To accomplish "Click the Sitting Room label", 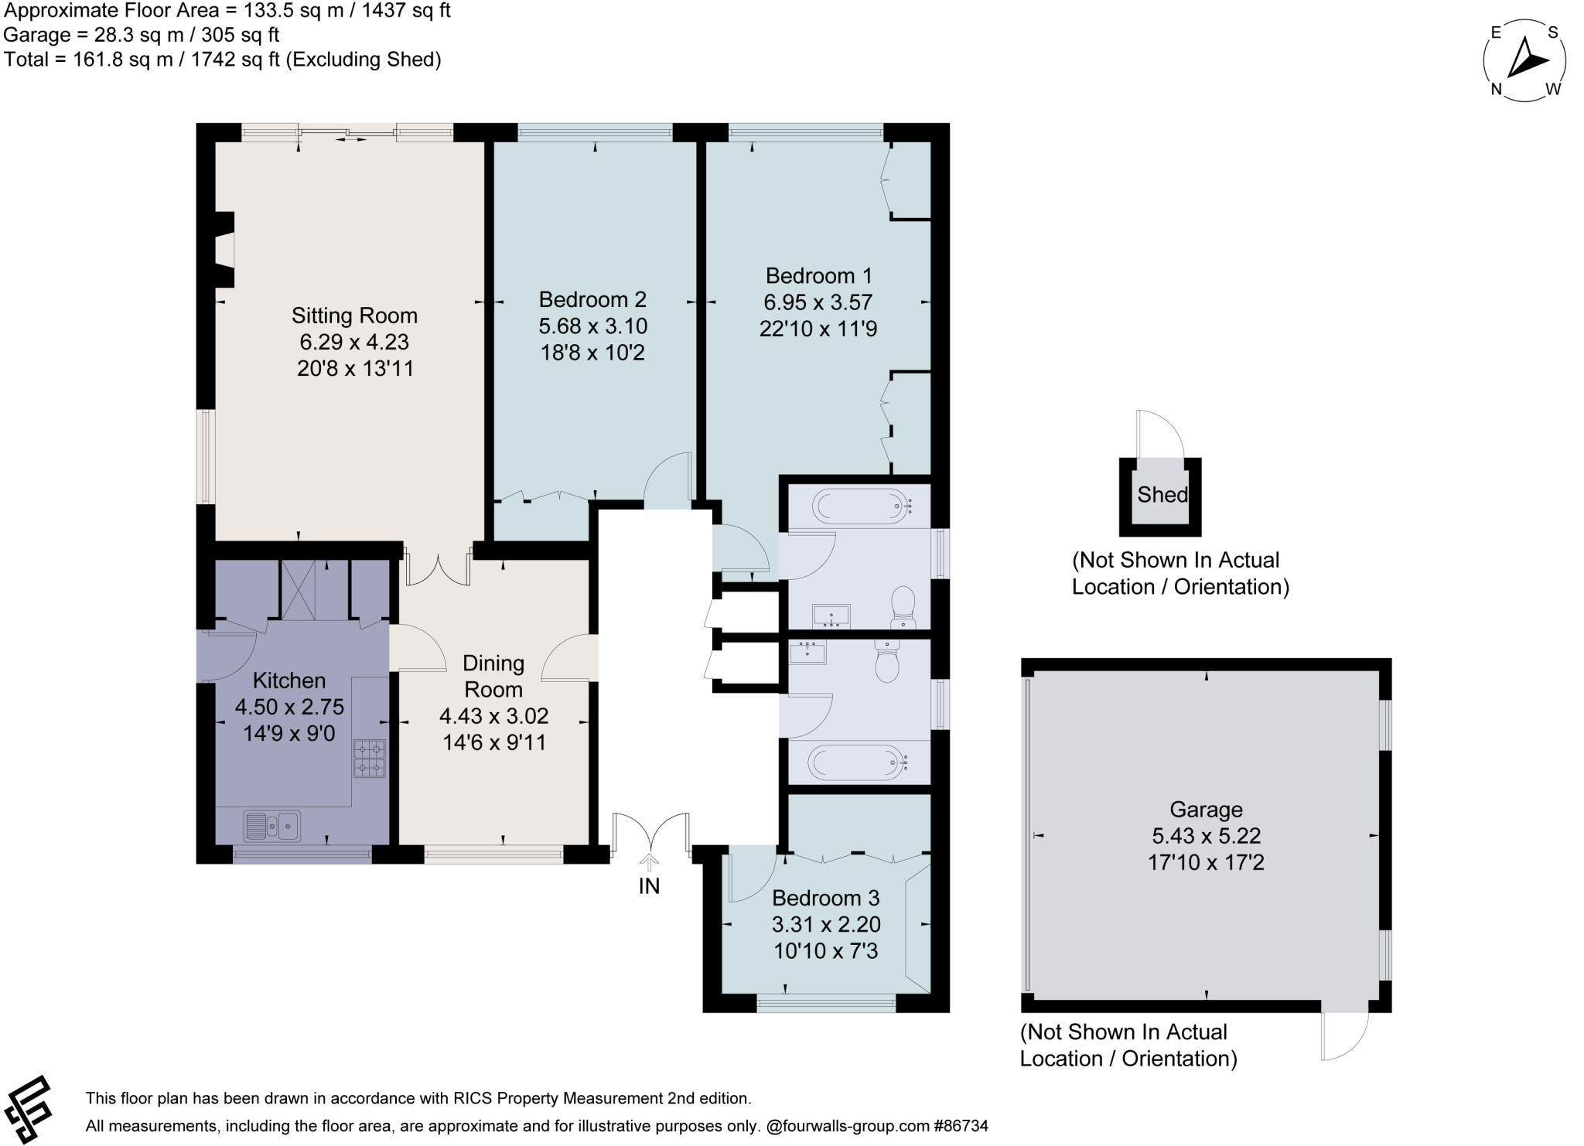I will click(354, 315).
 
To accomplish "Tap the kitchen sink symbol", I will click(271, 826).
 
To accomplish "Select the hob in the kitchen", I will click(370, 758).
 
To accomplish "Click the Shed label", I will click(1162, 495).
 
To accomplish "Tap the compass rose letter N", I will click(1497, 90).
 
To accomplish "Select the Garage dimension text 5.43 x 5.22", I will click(1206, 836).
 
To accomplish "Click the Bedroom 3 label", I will click(825, 898).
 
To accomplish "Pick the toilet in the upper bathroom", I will click(903, 605).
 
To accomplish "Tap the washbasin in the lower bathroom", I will click(807, 653).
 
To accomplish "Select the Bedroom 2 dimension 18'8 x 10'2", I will click(592, 353).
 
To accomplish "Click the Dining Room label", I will click(493, 676).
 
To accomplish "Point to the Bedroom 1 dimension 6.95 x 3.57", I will click(818, 302).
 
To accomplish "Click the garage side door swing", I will click(1344, 1036).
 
